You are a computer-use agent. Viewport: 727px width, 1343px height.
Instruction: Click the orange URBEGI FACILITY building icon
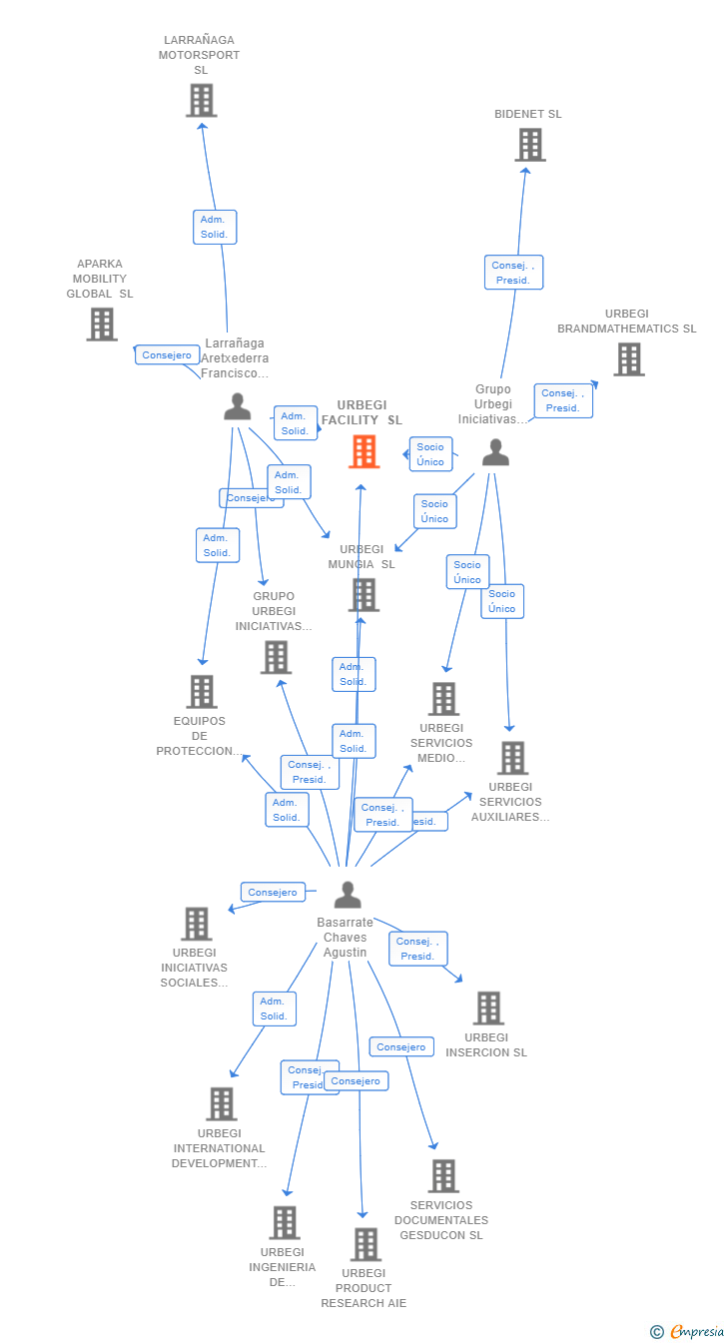364,451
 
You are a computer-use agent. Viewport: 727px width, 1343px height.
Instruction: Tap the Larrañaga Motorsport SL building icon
201,100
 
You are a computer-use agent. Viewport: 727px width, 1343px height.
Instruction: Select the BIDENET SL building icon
529,145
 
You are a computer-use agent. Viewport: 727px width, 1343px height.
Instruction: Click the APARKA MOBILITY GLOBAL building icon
101,324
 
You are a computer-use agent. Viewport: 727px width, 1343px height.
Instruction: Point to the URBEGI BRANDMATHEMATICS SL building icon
628,359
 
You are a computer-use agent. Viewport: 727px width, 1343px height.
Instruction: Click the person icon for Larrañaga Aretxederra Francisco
237,406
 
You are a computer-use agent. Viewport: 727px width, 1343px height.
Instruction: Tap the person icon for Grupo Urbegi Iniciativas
495,452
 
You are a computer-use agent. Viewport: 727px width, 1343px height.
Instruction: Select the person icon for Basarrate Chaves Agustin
347,895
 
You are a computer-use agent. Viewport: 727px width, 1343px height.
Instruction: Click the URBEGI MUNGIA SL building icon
363,595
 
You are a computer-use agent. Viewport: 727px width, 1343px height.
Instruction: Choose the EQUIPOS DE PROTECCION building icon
202,691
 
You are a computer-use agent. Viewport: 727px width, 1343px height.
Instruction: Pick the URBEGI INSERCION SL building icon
487,1008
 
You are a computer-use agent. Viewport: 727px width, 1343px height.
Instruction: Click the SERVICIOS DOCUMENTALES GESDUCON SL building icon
443,1176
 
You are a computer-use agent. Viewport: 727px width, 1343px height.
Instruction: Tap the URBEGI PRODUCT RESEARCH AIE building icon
365,1244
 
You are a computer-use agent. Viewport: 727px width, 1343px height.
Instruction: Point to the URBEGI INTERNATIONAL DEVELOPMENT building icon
222,1103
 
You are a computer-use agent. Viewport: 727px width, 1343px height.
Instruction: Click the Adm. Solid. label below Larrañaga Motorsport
214,227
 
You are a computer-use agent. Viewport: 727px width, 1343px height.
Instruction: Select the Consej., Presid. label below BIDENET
513,273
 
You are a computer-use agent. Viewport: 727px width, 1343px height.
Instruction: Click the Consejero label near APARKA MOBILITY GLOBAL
167,354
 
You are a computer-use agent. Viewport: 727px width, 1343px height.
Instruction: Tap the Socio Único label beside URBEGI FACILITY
430,454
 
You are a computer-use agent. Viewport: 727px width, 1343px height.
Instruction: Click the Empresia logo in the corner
689,1331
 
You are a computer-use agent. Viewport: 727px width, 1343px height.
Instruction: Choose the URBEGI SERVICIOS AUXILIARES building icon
512,758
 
